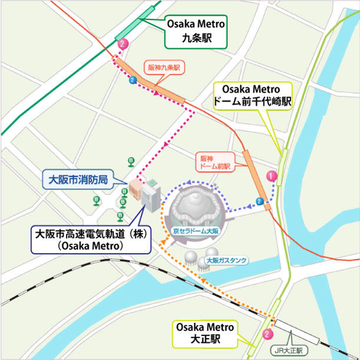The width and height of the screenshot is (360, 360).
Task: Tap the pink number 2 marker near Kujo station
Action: (x=122, y=44)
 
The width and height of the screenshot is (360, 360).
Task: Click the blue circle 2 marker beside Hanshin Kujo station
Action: (x=132, y=80)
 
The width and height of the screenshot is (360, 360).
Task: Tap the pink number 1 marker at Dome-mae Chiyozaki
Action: (x=272, y=175)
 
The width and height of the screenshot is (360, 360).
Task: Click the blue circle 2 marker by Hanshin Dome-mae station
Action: (x=260, y=202)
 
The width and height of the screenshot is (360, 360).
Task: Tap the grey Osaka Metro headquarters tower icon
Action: (x=150, y=196)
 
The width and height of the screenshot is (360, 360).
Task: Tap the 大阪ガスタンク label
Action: (x=227, y=259)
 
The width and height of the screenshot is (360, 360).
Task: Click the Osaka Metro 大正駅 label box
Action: (x=205, y=333)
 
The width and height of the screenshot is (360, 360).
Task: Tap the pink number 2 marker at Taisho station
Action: (x=267, y=333)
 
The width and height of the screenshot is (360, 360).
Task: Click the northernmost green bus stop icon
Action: (x=131, y=160)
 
